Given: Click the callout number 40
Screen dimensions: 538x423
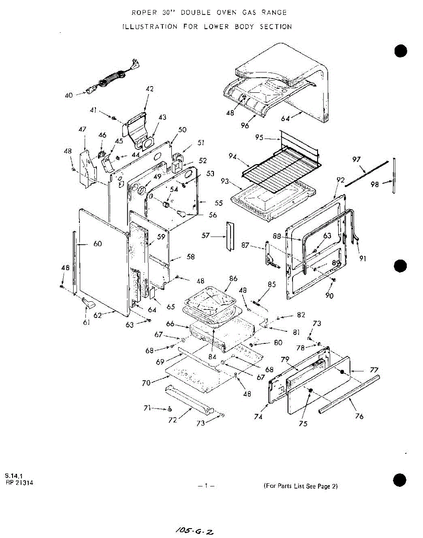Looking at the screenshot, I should click(x=69, y=95).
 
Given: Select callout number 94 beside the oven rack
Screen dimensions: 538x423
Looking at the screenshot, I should click(x=232, y=156).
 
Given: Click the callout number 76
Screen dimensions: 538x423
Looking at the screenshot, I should click(x=358, y=416).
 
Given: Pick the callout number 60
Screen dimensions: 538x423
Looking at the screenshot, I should click(x=97, y=243).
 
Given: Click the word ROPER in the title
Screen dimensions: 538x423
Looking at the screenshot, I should click(x=143, y=13).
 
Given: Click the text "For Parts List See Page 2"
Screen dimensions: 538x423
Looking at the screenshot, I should click(x=301, y=486).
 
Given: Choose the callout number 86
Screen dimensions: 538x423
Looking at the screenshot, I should click(x=233, y=278).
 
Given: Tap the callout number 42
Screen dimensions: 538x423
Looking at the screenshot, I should click(x=149, y=89).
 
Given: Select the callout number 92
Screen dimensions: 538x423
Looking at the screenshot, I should click(x=340, y=180).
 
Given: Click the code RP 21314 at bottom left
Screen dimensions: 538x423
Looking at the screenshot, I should click(x=19, y=482).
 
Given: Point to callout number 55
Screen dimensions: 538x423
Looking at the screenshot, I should click(x=218, y=203).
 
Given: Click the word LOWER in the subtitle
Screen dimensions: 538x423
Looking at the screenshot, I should click(x=217, y=26).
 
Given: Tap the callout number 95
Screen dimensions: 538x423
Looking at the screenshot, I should click(x=259, y=138).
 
